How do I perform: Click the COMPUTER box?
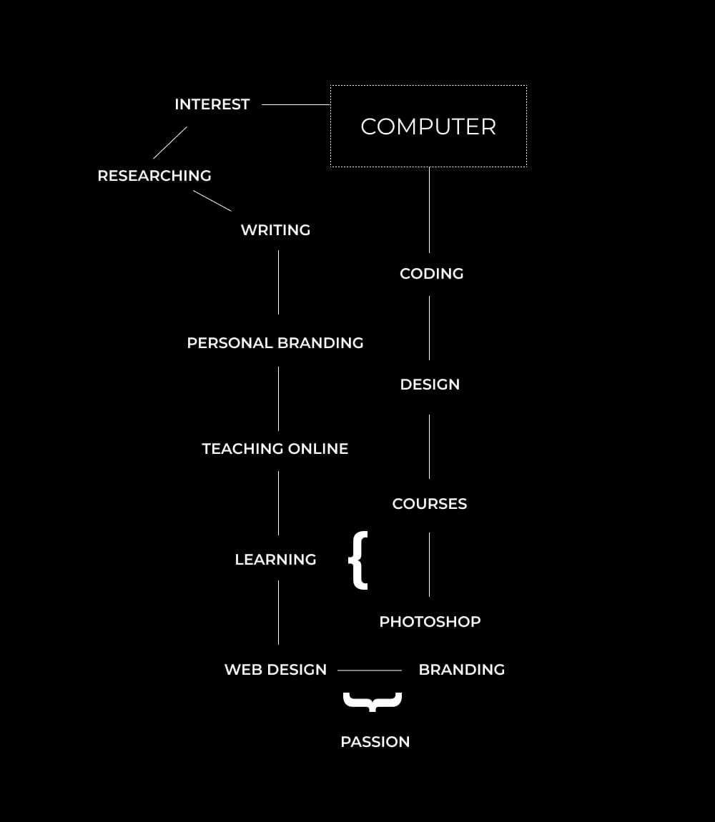coord(428,127)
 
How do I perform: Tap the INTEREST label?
coord(212,104)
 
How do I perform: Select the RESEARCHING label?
coord(154,176)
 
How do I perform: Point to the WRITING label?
coord(275,230)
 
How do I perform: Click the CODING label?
coord(431,274)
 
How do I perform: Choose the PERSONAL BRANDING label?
coord(275,343)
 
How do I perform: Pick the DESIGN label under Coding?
coord(430,385)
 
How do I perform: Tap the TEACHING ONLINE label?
coord(275,449)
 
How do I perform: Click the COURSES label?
coord(429,504)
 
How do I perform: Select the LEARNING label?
coord(275,560)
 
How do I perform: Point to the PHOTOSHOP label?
coord(430,622)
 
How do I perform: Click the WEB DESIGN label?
coord(275,670)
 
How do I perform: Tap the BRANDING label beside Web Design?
coord(461,670)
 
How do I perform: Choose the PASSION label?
coord(375,742)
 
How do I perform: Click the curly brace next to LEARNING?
coord(359,560)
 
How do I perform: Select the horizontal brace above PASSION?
coord(373,701)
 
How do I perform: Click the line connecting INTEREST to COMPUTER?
coord(295,104)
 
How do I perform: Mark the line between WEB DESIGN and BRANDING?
coord(369,670)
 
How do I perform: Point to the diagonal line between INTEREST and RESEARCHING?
coord(170,143)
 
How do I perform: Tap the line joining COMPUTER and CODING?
coord(429,210)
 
